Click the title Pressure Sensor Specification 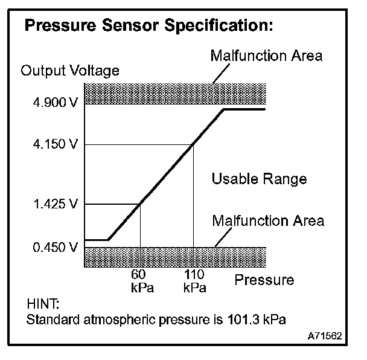tap(148, 27)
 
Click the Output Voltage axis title tap(70, 71)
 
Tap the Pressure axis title tap(264, 280)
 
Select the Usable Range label tap(258, 179)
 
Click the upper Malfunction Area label tap(267, 56)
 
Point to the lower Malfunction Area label tap(268, 220)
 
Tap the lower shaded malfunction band tap(175, 257)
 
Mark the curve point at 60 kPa tap(140, 204)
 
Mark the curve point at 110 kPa tap(193, 144)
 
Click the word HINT tap(40, 303)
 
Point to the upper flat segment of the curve tap(244, 109)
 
